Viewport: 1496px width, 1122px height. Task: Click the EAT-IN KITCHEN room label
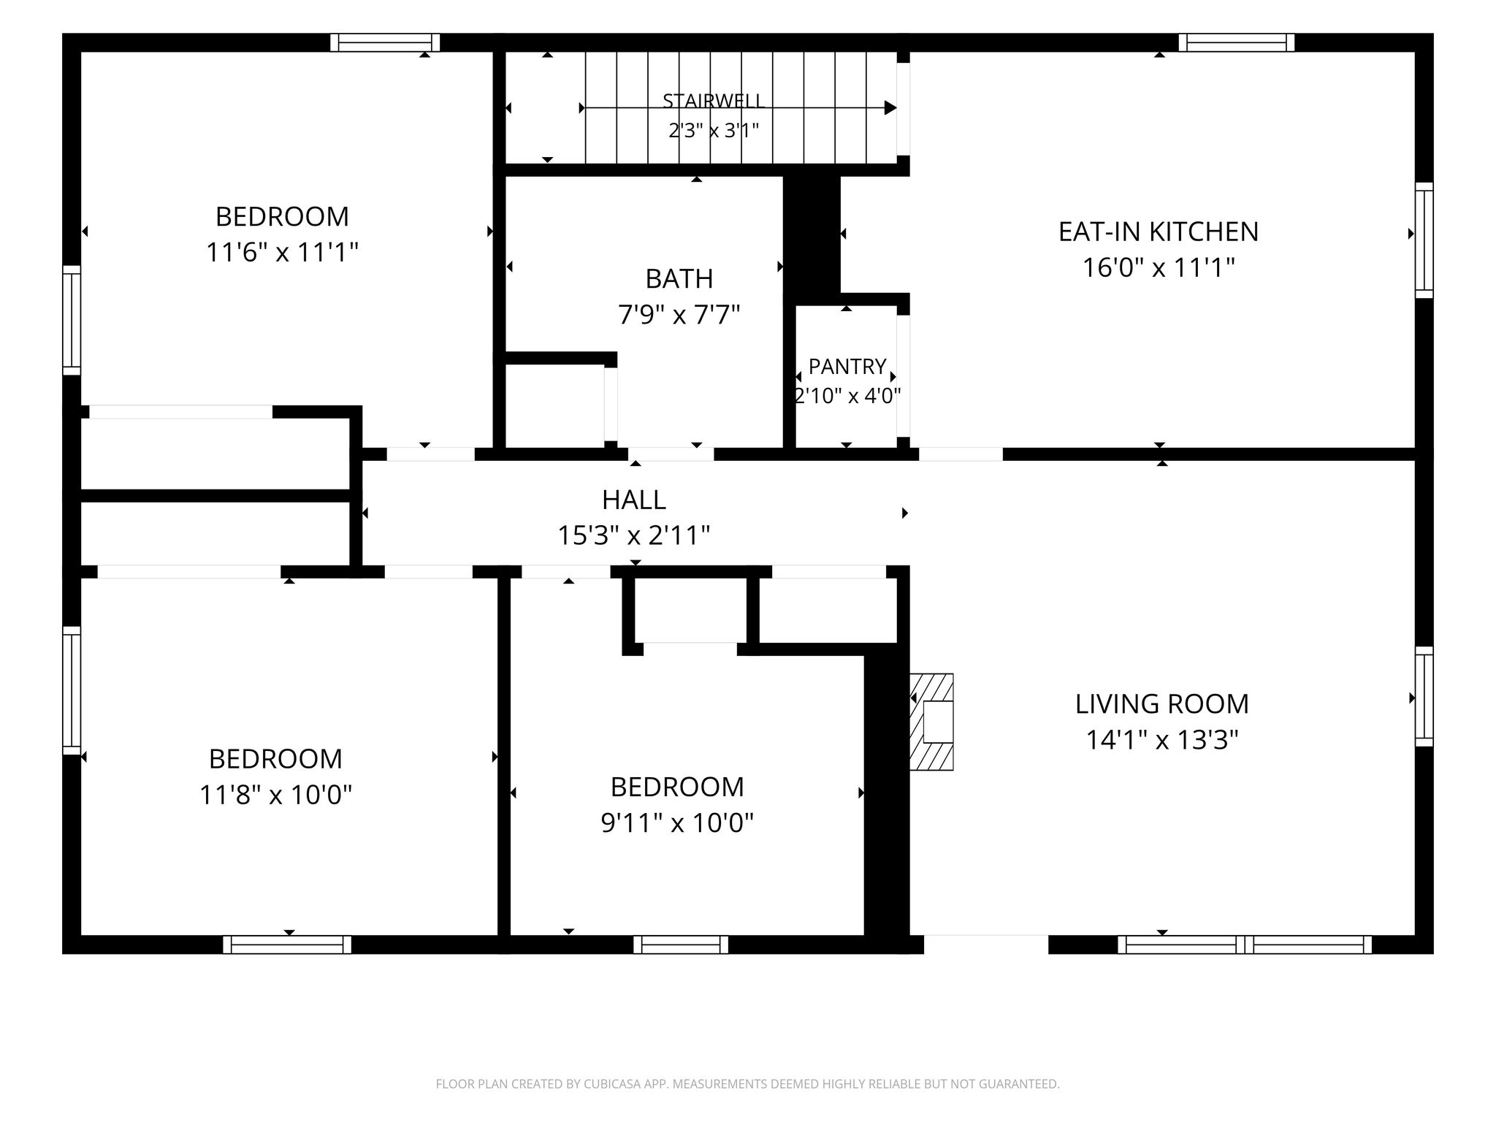point(1159,232)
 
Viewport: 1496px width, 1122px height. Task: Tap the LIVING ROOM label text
point(1161,703)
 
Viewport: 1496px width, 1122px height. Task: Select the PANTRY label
point(847,366)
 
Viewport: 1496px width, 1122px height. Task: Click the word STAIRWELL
point(713,101)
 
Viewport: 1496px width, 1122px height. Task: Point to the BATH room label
point(679,278)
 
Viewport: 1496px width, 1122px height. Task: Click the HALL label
point(634,500)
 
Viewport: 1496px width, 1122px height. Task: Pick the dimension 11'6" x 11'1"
point(282,253)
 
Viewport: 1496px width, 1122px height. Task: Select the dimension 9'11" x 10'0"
point(677,823)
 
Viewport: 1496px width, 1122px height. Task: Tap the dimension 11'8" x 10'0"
point(276,794)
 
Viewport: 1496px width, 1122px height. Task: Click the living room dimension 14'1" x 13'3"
point(1161,740)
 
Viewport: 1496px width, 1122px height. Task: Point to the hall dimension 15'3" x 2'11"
point(634,535)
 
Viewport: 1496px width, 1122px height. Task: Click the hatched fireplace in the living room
point(931,722)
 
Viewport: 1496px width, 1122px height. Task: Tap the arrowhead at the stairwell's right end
point(890,108)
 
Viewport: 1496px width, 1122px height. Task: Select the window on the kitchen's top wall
point(1236,42)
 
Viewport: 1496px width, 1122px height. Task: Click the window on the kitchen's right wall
point(1424,240)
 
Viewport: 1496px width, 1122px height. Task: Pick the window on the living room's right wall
point(1424,696)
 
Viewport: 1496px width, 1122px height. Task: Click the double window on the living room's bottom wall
point(1245,944)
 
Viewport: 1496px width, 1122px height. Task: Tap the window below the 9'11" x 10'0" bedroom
point(681,944)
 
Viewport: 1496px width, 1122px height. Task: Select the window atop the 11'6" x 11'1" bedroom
point(385,42)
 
